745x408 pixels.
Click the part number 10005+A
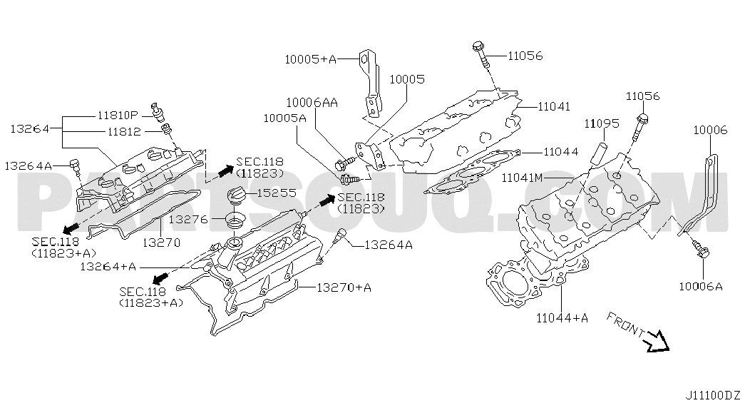[x=310, y=59]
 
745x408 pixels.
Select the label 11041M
[x=522, y=178]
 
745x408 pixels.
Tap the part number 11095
[x=602, y=123]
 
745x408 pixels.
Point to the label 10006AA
[x=312, y=103]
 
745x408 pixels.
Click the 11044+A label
[x=562, y=317]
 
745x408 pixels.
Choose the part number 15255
[x=277, y=193]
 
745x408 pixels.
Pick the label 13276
[x=188, y=219]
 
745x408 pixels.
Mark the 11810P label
[x=118, y=115]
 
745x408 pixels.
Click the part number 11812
[x=125, y=132]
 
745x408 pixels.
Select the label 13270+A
[x=344, y=287]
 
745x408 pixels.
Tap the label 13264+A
[x=108, y=267]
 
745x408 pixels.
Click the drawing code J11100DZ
[x=713, y=395]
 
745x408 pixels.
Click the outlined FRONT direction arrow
[x=659, y=342]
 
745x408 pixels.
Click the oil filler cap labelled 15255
[x=237, y=196]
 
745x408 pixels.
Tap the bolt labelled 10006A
[x=700, y=249]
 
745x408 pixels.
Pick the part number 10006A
[x=701, y=286]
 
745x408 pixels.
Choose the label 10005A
[x=285, y=118]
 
